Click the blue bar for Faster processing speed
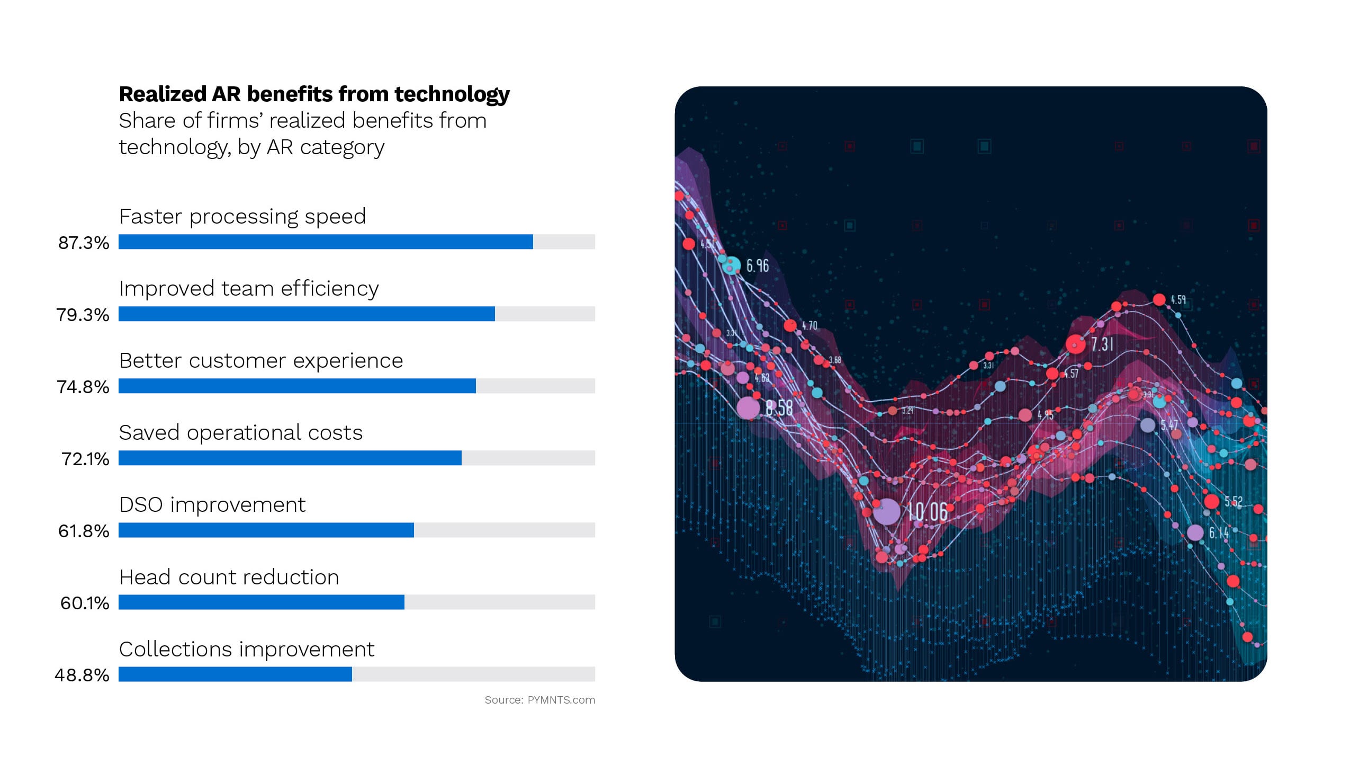[325, 242]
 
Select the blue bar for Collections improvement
[235, 674]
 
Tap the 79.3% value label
[83, 315]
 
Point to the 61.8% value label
[83, 531]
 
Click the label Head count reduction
[229, 577]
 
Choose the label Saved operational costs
[240, 433]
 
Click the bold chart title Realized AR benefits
[314, 94]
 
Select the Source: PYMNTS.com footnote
[539, 700]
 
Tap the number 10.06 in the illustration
[927, 512]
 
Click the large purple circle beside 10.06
[886, 512]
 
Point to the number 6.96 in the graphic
[757, 265]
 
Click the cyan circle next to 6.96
[732, 265]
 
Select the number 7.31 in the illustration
[1102, 344]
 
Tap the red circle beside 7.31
[1075, 344]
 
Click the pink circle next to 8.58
[748, 408]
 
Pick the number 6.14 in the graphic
[1219, 532]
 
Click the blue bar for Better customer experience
[297, 386]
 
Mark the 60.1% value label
[84, 603]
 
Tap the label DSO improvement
[212, 505]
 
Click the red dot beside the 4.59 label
[1159, 300]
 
